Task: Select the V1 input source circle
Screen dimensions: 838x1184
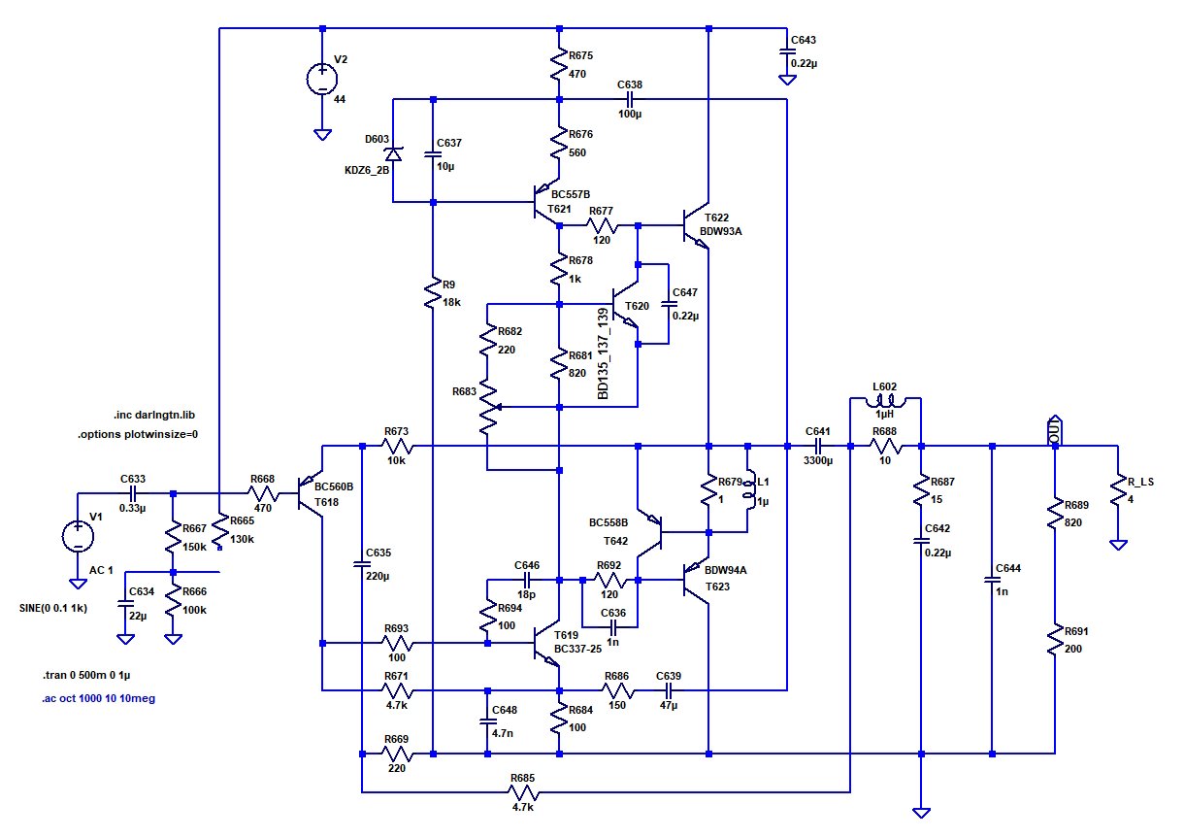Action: (x=77, y=536)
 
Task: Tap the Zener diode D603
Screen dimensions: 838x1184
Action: (x=393, y=153)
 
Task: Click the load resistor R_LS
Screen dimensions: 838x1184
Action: (x=1118, y=494)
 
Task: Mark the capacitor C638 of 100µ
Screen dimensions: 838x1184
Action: (x=630, y=100)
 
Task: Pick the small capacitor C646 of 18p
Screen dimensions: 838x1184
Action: (x=525, y=580)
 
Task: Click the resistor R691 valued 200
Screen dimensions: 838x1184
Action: (x=1054, y=641)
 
